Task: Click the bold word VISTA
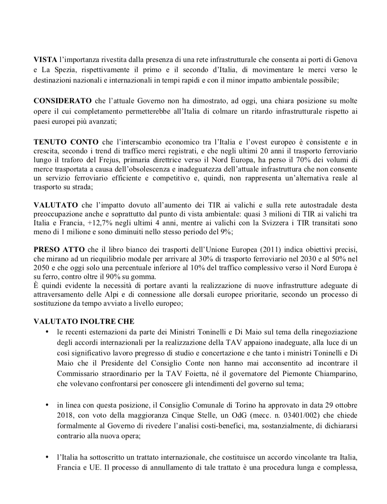coord(45,59)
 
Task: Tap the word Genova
coord(346,59)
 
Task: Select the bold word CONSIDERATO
coord(62,101)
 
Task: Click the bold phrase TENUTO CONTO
coord(66,142)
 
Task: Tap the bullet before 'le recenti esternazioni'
coord(47,332)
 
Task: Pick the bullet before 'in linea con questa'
coord(47,405)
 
